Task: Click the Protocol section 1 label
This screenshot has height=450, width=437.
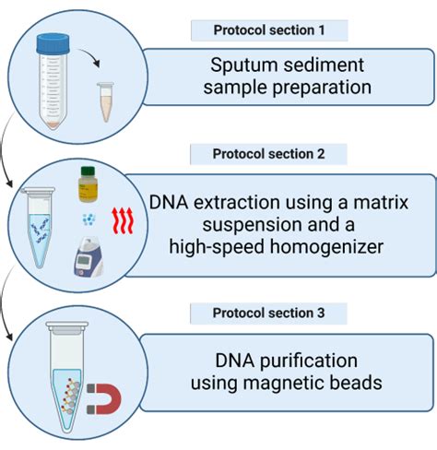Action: tap(269, 30)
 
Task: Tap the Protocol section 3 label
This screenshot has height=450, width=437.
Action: tap(269, 314)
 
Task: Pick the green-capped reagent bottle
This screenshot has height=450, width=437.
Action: tap(89, 184)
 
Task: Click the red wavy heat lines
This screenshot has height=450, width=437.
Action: tap(123, 219)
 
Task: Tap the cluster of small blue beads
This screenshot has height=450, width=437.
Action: tap(89, 219)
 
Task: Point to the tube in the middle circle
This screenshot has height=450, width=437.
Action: tap(41, 231)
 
